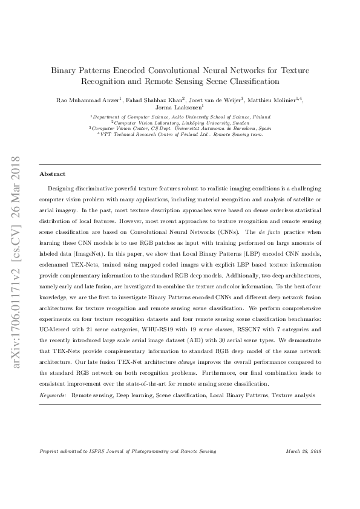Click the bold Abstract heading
click(53, 173)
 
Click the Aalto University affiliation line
click(180, 117)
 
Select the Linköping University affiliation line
click(180, 122)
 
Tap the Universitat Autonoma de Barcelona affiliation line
click(180, 128)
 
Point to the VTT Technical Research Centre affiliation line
click(180, 134)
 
